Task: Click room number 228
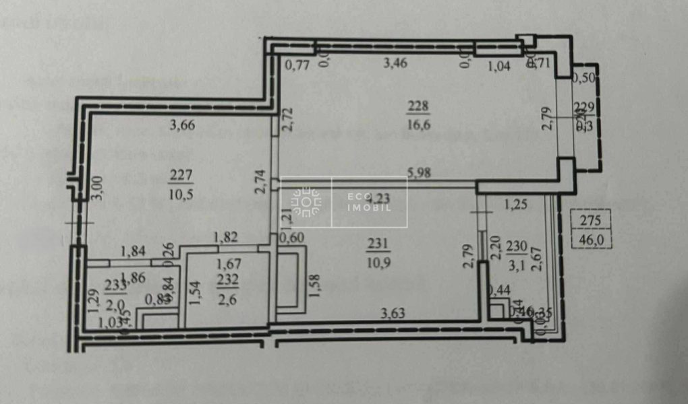pyautogui.click(x=418, y=105)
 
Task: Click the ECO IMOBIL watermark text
pyautogui.click(x=369, y=201)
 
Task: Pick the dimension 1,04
pyautogui.click(x=498, y=65)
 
